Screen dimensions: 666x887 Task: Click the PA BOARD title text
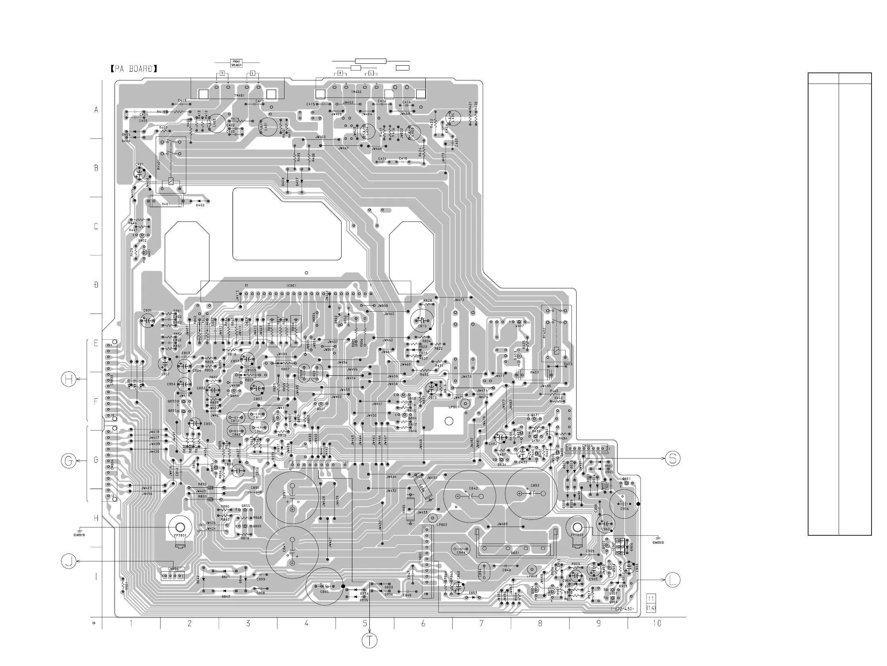pyautogui.click(x=134, y=69)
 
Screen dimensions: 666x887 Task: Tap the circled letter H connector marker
pyautogui.click(x=69, y=379)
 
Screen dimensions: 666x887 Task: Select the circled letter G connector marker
pyautogui.click(x=69, y=461)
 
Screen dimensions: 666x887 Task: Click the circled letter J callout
pyautogui.click(x=69, y=561)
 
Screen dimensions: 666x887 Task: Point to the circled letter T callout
pyautogui.click(x=369, y=641)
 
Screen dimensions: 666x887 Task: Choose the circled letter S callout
pyautogui.click(x=673, y=459)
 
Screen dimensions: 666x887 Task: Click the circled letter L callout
pyautogui.click(x=673, y=580)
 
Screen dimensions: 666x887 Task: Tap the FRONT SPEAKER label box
pyautogui.click(x=236, y=63)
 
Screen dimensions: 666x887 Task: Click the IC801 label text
pyautogui.click(x=291, y=286)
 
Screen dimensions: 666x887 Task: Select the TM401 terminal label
pyautogui.click(x=239, y=96)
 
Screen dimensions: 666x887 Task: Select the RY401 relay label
pyautogui.click(x=159, y=165)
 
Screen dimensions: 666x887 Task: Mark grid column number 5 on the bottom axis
pyautogui.click(x=365, y=623)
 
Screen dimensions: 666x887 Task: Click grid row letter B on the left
pyautogui.click(x=96, y=168)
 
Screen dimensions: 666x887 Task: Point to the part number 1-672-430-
pyautogui.click(x=621, y=609)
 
